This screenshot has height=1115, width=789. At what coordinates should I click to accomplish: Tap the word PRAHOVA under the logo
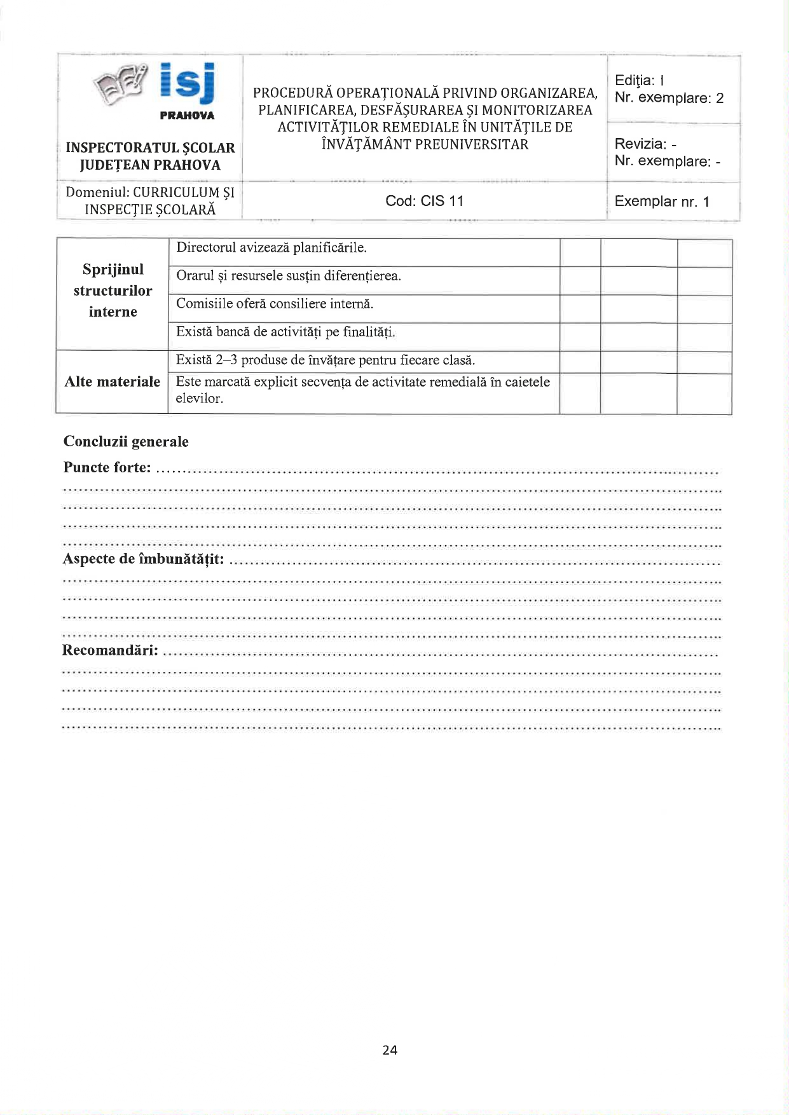[187, 116]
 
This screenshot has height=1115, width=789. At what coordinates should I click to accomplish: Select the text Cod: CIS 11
[424, 202]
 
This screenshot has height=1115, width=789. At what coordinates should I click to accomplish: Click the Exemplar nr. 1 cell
[661, 202]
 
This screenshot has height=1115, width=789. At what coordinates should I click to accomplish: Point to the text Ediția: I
[640, 81]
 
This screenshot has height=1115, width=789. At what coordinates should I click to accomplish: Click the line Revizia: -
[645, 144]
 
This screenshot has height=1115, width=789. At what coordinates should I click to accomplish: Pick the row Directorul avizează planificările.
[271, 248]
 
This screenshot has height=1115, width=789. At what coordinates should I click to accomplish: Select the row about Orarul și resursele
[288, 276]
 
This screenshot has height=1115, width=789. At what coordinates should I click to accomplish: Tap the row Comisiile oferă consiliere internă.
[275, 304]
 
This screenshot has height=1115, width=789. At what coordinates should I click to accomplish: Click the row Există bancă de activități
[285, 332]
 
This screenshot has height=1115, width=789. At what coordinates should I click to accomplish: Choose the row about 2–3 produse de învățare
[326, 360]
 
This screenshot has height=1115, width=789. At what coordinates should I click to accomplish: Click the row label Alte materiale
[113, 382]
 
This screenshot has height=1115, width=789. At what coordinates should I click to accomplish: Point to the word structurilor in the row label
[113, 291]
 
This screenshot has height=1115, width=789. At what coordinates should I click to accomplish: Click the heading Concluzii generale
[126, 442]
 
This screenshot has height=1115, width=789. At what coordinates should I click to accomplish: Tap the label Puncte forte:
[107, 468]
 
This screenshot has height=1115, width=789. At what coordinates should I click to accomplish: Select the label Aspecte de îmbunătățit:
[143, 559]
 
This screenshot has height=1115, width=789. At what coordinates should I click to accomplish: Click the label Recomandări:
[110, 650]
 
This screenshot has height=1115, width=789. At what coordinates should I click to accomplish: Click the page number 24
[390, 1050]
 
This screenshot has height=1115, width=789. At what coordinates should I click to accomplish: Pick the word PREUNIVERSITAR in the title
[471, 145]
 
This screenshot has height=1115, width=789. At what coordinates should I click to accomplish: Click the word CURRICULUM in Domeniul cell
[176, 193]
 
